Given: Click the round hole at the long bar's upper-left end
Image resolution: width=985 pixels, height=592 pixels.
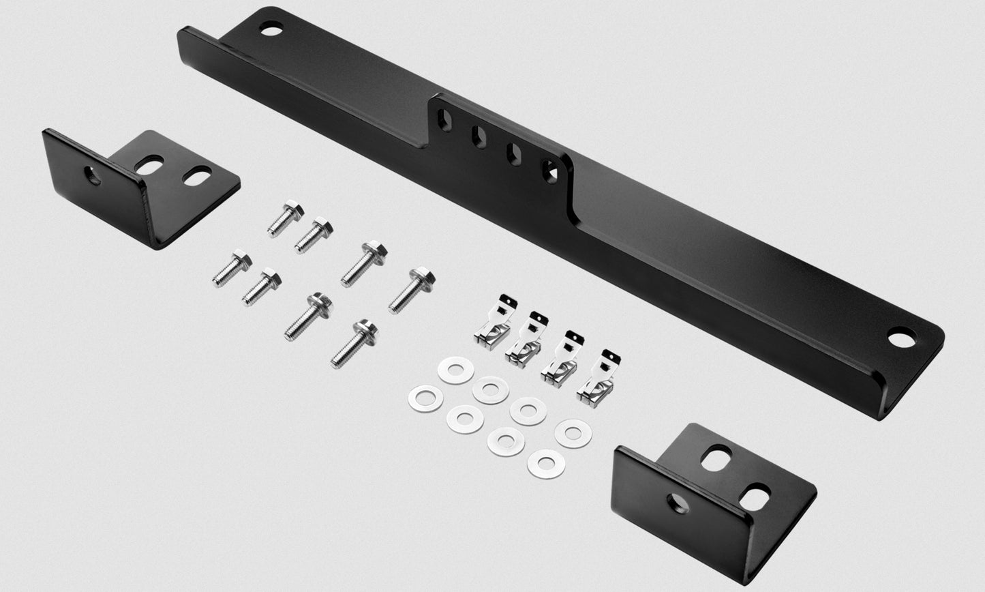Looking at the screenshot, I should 271,29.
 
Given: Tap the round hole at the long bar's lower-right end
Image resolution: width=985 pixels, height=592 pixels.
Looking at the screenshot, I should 902,338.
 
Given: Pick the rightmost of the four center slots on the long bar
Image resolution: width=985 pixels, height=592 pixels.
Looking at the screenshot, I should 549,171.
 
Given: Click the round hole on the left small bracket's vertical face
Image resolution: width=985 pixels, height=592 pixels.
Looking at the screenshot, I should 93,175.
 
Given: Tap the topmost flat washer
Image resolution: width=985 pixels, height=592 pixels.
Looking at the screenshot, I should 455,370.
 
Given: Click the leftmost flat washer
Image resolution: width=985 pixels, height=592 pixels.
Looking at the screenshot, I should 425,398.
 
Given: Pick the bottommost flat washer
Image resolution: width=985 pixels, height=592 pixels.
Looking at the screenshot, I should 546,464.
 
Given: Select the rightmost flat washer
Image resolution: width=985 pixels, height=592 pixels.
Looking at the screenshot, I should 573,433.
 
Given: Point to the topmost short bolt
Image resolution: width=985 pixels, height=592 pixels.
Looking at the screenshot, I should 285,218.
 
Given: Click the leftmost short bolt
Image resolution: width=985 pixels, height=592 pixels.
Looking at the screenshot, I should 231,268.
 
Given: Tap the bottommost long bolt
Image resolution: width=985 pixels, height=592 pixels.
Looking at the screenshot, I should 354,344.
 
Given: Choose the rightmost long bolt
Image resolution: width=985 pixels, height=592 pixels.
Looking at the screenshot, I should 410,291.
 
